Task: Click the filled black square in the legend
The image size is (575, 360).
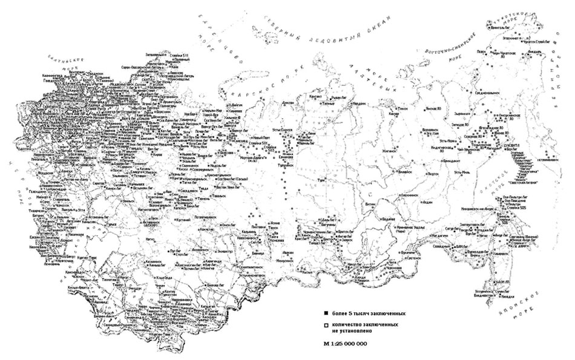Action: click(326, 314)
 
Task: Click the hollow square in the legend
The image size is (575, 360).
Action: click(326, 325)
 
